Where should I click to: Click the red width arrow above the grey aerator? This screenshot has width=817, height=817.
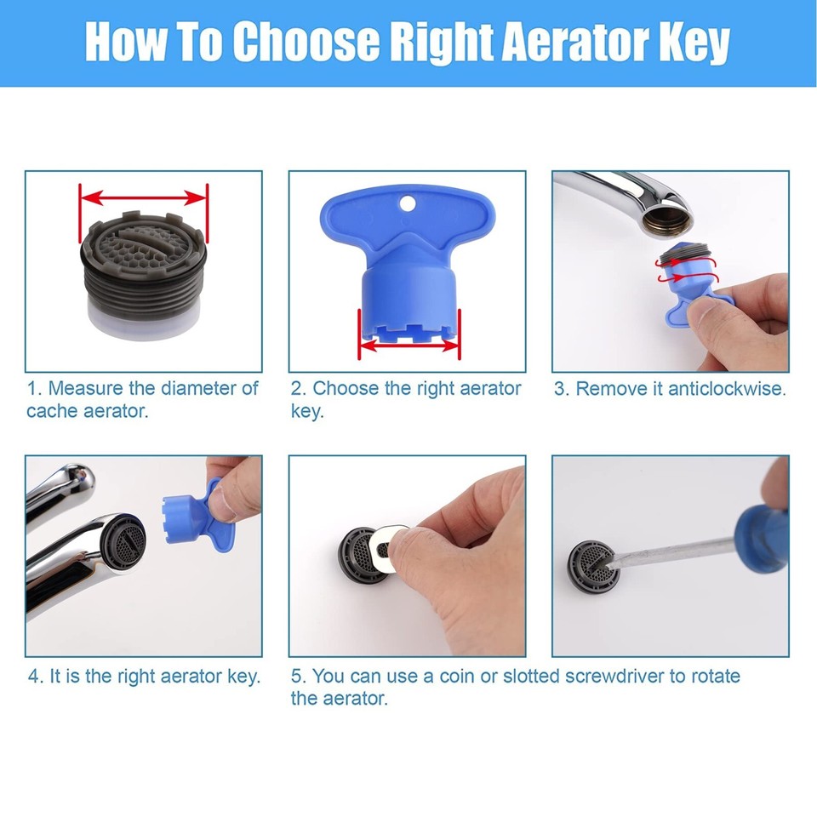click(x=143, y=197)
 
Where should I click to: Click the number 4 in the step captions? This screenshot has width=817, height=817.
click(x=34, y=677)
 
